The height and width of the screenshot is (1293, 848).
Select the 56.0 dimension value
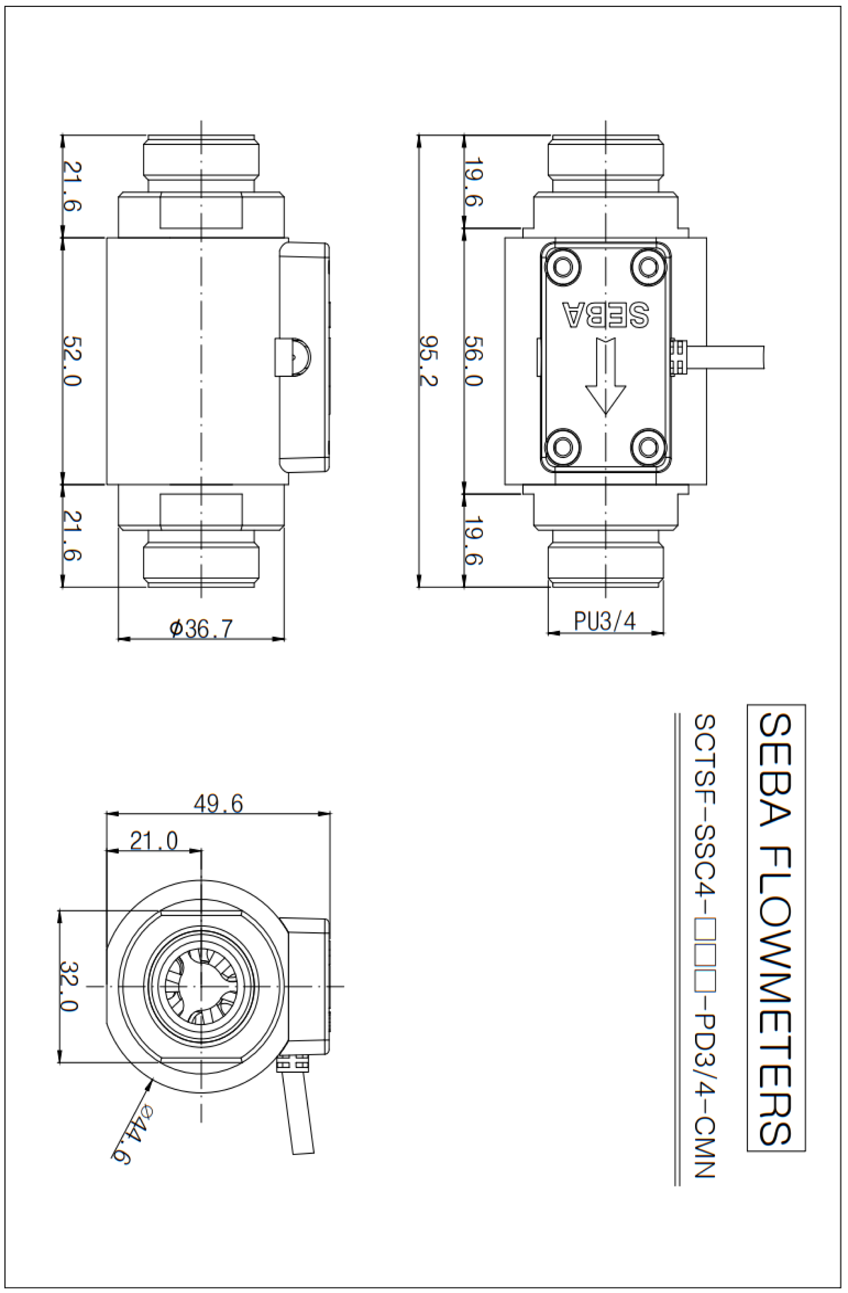[x=473, y=361]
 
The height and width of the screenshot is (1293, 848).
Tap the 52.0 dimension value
[x=71, y=361]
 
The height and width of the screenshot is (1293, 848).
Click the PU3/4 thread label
[x=604, y=620]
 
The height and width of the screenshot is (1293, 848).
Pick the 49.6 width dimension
[x=218, y=803]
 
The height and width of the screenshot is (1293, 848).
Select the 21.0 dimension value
[x=154, y=841]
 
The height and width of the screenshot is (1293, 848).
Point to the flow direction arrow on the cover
[x=606, y=376]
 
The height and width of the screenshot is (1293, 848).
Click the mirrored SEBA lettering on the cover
[x=605, y=314]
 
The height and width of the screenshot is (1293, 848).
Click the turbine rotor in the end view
[x=201, y=986]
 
